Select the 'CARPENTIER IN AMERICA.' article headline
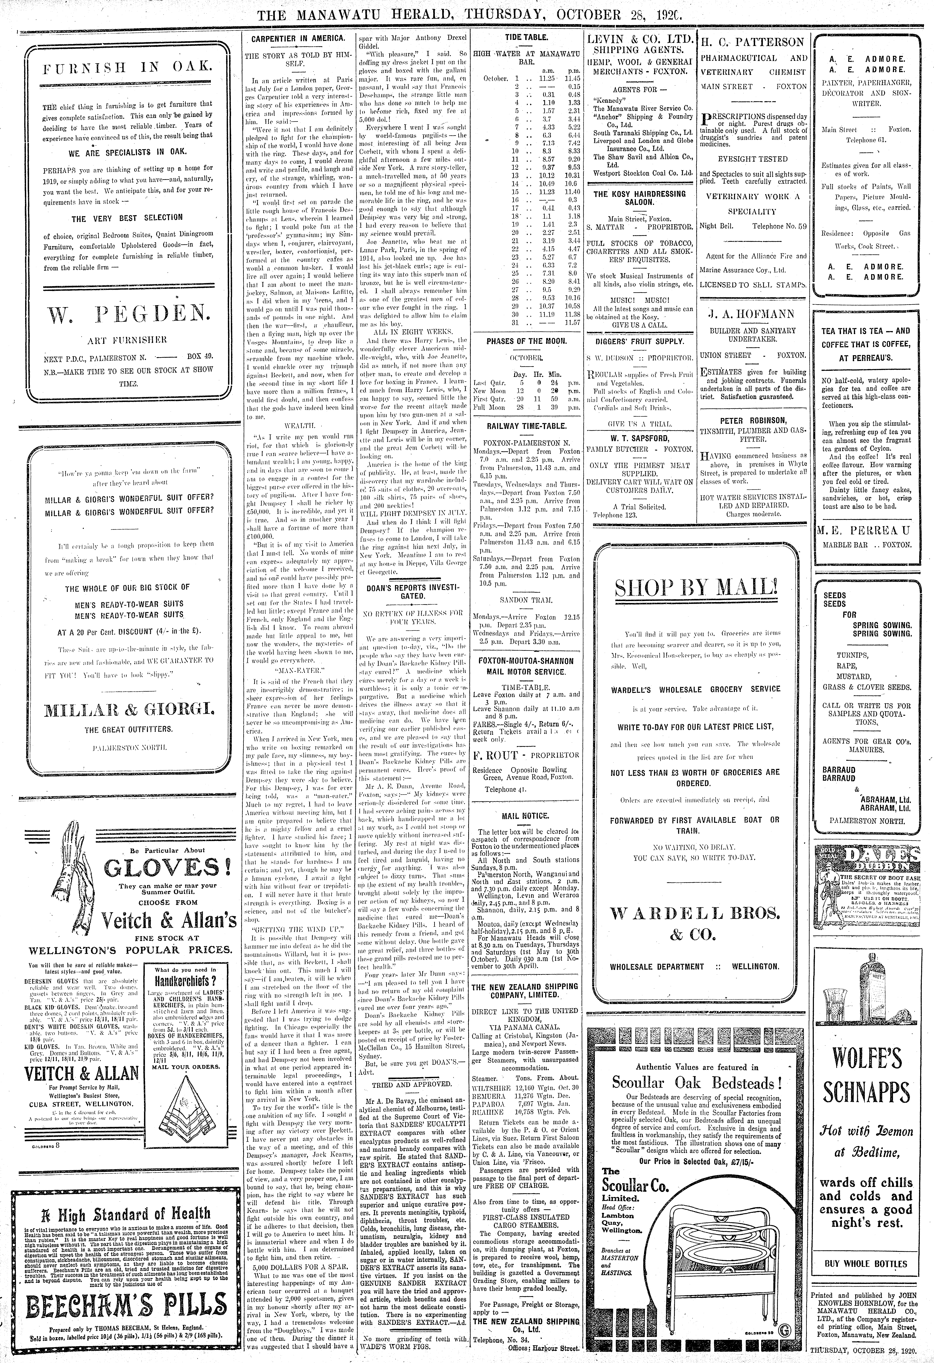tap(298, 39)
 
